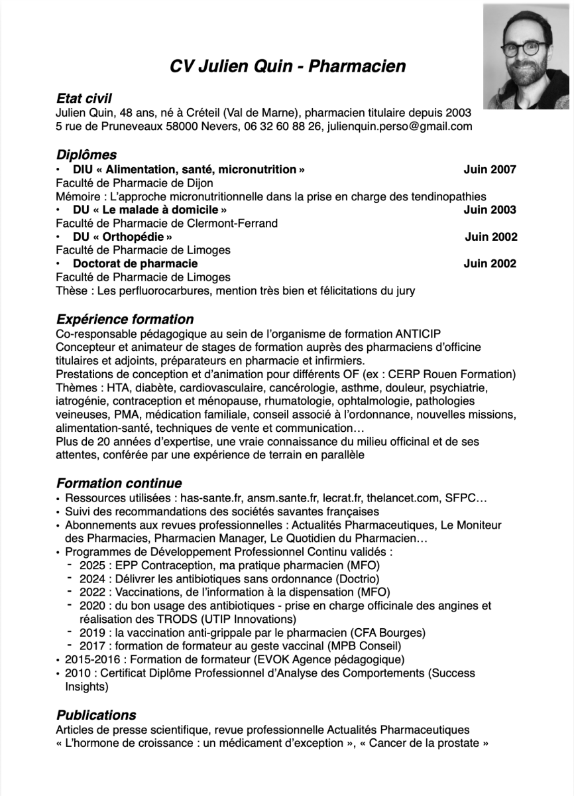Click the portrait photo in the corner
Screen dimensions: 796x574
tap(528, 56)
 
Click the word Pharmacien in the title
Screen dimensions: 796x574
tap(357, 66)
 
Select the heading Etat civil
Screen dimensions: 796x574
tap(84, 98)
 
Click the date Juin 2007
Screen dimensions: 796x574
tap(490, 169)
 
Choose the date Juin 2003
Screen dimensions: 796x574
tap(490, 210)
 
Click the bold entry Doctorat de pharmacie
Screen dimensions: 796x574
tap(135, 263)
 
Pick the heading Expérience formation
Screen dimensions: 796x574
tap(125, 320)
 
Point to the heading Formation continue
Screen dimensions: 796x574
tap(119, 483)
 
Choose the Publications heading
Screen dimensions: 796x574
tap(96, 715)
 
